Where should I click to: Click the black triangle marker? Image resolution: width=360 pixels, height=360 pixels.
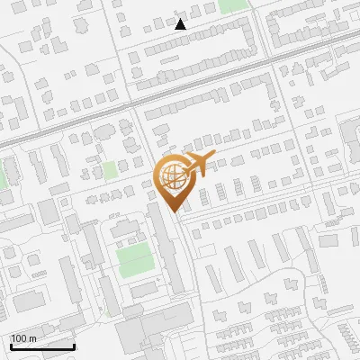(x=181, y=24)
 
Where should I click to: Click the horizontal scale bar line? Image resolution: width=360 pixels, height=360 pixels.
(x=42, y=346)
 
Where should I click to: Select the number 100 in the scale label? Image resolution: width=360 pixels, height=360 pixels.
(x=19, y=338)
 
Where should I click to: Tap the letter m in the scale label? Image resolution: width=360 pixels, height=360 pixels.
(x=31, y=338)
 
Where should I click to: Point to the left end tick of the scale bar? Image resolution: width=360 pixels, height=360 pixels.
(x=11, y=345)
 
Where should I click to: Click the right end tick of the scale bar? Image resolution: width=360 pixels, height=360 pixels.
(x=74, y=345)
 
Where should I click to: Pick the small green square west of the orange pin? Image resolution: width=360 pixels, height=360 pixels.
(x=110, y=170)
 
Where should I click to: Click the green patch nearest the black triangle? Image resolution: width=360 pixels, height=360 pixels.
(x=232, y=5)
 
